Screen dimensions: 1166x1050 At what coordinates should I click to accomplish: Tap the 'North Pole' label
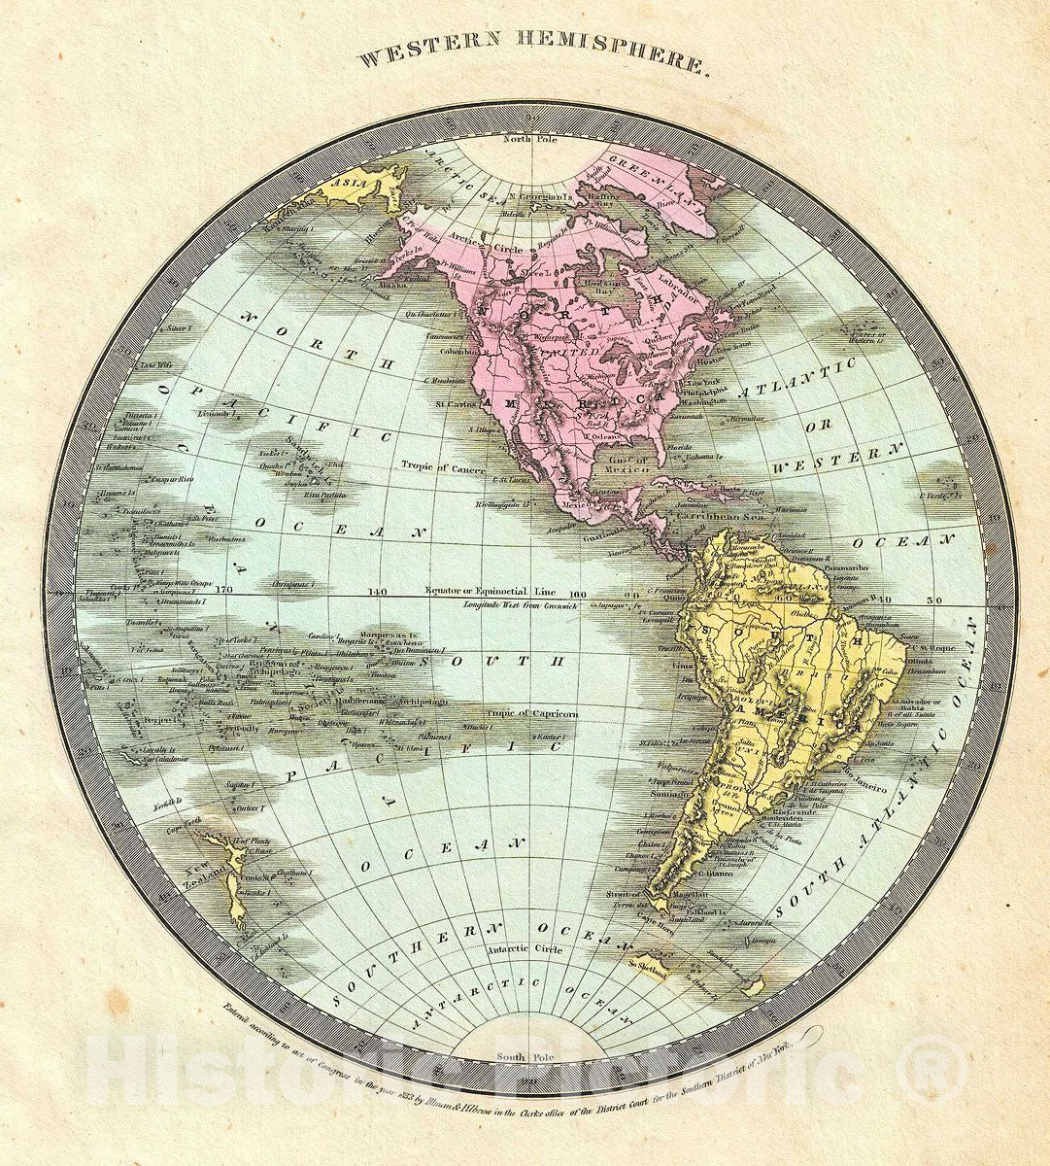point(525,139)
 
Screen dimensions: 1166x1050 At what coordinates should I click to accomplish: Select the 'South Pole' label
point(525,1056)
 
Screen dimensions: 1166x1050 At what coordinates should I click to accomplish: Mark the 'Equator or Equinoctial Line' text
point(502,591)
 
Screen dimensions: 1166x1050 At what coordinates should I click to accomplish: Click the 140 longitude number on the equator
point(377,591)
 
